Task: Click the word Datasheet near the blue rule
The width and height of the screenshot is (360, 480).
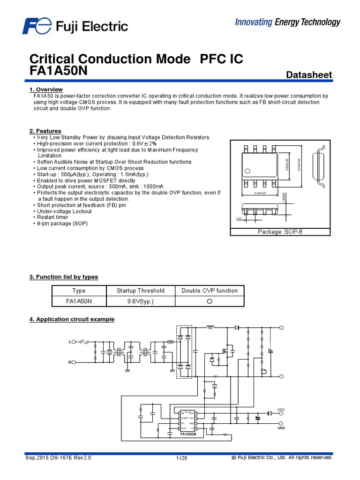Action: tap(308, 75)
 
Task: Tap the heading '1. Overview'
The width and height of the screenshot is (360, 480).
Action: tap(46, 90)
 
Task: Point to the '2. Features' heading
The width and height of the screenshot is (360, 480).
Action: tap(45, 131)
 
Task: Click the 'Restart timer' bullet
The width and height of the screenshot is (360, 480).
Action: tap(52, 217)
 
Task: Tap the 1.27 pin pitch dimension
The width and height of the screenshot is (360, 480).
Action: tap(239, 218)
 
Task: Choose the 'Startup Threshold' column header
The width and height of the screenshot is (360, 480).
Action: tap(141, 291)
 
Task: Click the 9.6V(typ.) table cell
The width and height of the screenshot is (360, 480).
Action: tap(141, 301)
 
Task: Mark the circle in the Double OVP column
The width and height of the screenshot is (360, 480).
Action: tap(210, 301)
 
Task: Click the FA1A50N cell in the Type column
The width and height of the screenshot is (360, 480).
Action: tap(79, 301)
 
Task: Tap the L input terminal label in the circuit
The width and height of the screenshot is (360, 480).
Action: tap(70, 342)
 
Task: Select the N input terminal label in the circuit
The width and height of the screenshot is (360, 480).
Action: tap(70, 362)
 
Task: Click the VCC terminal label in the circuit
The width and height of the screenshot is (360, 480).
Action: tap(281, 409)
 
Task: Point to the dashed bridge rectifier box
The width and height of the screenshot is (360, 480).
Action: tap(184, 352)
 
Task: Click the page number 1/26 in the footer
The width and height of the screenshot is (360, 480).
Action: tap(181, 458)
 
